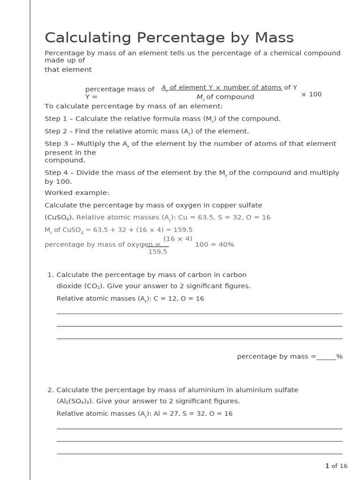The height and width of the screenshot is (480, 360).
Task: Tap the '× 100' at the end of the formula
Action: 311,94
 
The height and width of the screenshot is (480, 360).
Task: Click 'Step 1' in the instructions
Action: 56,119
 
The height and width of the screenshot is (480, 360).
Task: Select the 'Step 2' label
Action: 56,131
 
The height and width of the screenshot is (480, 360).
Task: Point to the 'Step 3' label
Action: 56,144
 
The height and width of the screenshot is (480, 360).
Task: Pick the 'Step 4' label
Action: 56,172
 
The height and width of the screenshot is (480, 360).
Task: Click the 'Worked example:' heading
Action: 77,193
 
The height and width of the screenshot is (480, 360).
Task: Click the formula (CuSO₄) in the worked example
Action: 59,217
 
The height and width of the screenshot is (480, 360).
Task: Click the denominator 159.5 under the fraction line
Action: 157,252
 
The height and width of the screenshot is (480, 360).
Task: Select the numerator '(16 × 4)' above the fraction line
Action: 178,239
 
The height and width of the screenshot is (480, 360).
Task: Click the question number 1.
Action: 50,275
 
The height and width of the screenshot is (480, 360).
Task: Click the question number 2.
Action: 50,390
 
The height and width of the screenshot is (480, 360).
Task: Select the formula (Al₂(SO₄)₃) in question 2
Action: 75,401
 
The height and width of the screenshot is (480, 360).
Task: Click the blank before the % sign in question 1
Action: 326,357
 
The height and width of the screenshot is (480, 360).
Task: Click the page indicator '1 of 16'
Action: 336,466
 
